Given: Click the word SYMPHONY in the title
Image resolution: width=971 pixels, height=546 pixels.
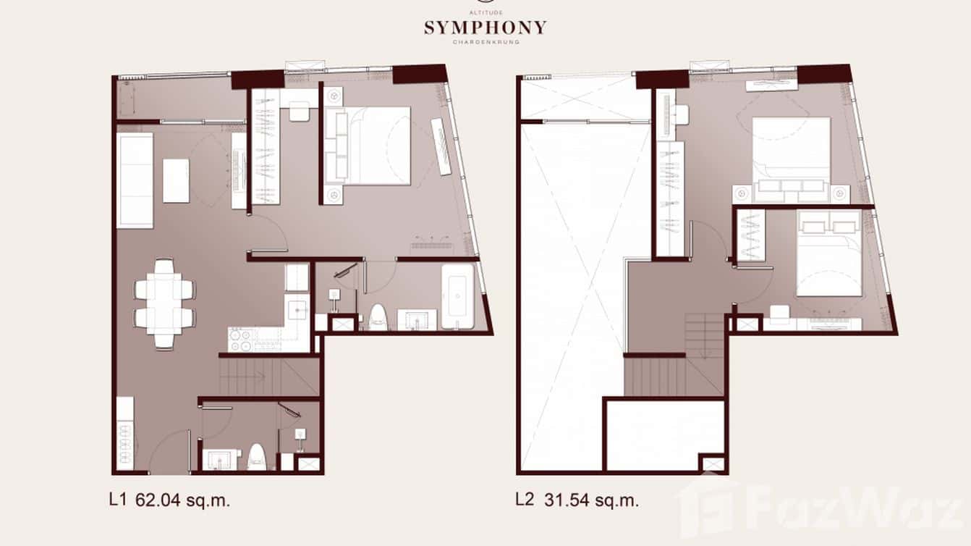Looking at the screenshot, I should click(485, 28).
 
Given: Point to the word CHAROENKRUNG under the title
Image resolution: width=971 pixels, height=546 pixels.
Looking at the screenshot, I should click(485, 42).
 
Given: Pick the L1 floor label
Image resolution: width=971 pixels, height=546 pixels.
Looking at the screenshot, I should click(118, 500).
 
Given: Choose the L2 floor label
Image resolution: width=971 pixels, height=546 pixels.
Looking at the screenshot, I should click(525, 500).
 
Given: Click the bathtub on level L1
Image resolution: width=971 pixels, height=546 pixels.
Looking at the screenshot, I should click(459, 295).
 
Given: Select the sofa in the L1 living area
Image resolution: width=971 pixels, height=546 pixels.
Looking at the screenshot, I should click(135, 180).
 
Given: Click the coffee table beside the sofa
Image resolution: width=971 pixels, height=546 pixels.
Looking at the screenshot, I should click(176, 180).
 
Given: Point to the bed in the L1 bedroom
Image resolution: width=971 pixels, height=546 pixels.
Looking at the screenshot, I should click(376, 146).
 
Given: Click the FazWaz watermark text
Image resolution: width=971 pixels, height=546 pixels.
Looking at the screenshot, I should click(839, 511).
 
